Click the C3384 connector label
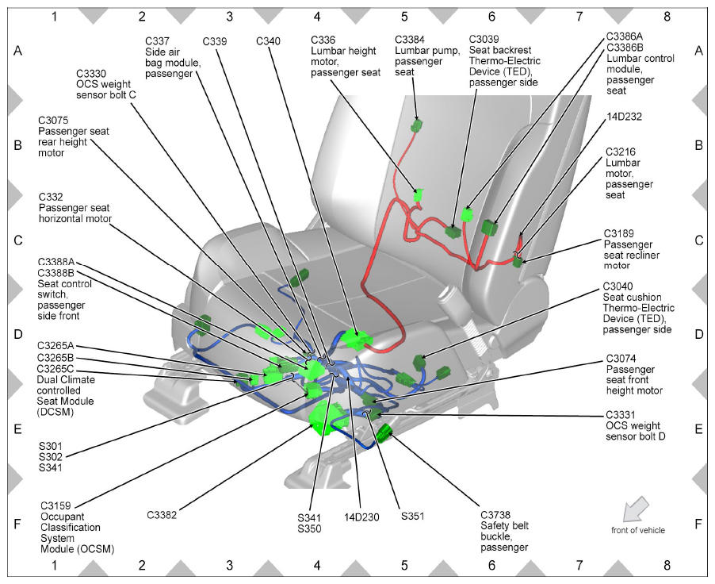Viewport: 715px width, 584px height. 427,56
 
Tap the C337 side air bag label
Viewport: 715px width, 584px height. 173,57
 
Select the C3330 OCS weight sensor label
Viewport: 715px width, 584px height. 105,84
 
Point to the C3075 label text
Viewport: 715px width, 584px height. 74,136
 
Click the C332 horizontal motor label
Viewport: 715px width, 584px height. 75,208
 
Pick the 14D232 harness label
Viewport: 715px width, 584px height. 624,117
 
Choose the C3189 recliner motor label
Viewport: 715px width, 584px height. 631,249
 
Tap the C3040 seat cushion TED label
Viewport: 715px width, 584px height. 638,307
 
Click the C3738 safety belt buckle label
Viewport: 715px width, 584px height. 504,531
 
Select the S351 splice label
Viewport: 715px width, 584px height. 413,516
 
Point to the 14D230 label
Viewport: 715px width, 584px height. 361,517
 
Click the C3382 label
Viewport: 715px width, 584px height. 162,515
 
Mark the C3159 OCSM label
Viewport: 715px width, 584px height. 77,527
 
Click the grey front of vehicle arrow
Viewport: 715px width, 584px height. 635,509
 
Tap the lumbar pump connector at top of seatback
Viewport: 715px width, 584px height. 416,125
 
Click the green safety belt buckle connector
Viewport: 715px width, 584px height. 384,433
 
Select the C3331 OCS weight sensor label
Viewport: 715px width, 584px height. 635,425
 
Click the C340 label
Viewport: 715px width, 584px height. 268,41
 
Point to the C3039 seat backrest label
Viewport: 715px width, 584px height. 504,61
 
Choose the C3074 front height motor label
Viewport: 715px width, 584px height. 634,375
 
